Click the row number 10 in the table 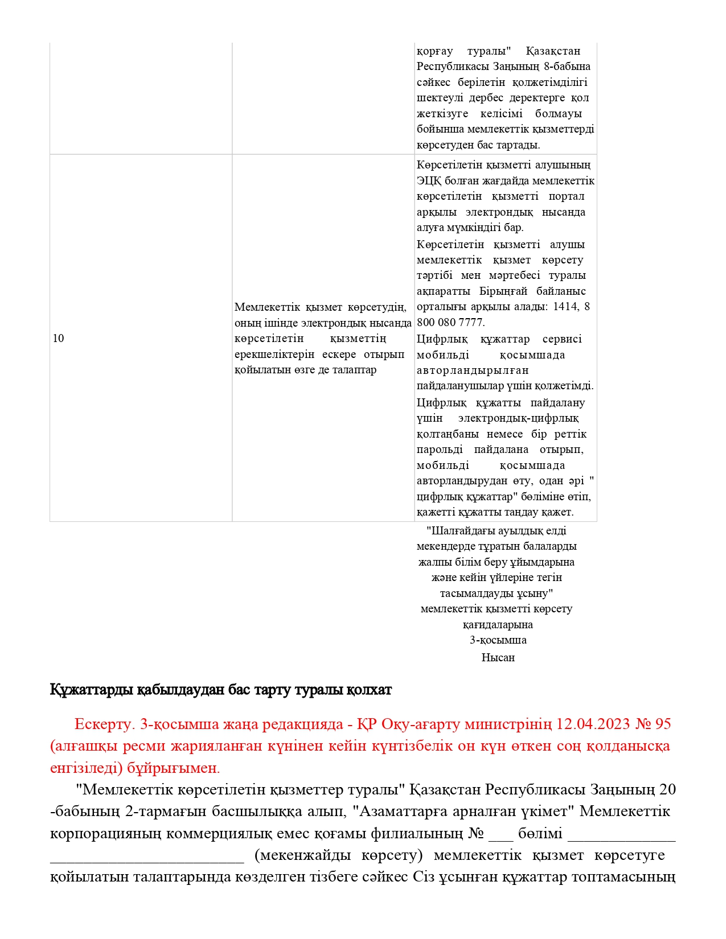[58, 339]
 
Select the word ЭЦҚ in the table [428, 181]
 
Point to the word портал [566, 196]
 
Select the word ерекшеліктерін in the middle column [274, 355]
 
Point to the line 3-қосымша [498, 640]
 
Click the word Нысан [498, 658]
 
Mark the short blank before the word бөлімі [501, 834]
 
